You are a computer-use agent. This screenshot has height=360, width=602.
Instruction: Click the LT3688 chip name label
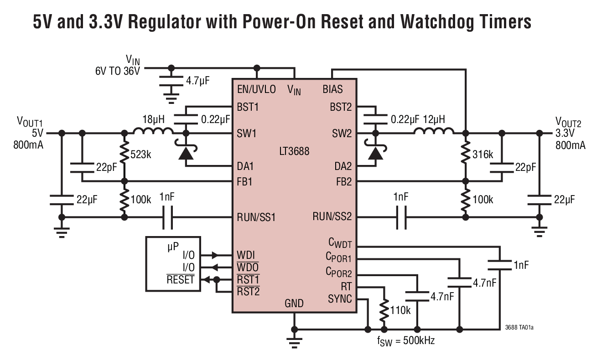(294, 150)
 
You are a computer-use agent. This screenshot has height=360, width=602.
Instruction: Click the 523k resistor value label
(140, 154)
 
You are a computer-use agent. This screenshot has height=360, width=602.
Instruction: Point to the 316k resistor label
(483, 154)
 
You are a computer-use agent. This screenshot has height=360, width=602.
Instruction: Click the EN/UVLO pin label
(256, 89)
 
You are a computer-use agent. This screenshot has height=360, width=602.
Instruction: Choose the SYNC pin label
(340, 299)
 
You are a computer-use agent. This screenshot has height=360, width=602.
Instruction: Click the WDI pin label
(246, 254)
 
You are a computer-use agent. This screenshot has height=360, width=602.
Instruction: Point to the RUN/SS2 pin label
(332, 216)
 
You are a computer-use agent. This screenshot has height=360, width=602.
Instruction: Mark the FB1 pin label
(244, 182)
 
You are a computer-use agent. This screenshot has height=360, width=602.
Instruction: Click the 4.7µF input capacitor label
(197, 81)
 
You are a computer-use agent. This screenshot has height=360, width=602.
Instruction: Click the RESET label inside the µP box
(181, 279)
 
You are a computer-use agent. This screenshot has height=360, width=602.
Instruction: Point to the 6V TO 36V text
(118, 71)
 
